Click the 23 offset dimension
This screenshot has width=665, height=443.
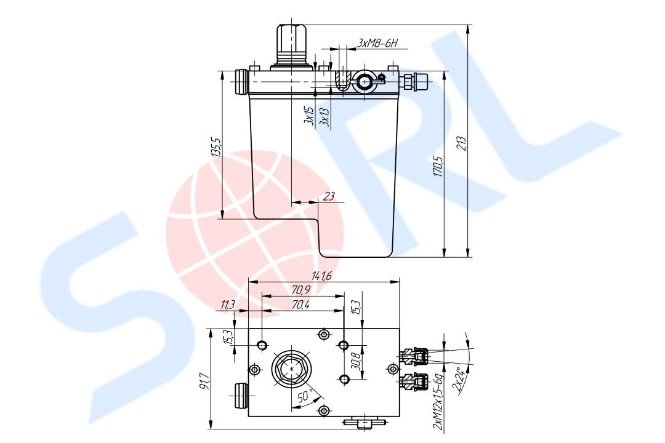tap(329, 196)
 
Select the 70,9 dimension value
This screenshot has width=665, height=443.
tap(300, 289)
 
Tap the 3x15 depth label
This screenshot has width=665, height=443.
tap(309, 115)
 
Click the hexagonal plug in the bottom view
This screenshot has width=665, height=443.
tap(292, 370)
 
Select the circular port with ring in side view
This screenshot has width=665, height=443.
tap(364, 81)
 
